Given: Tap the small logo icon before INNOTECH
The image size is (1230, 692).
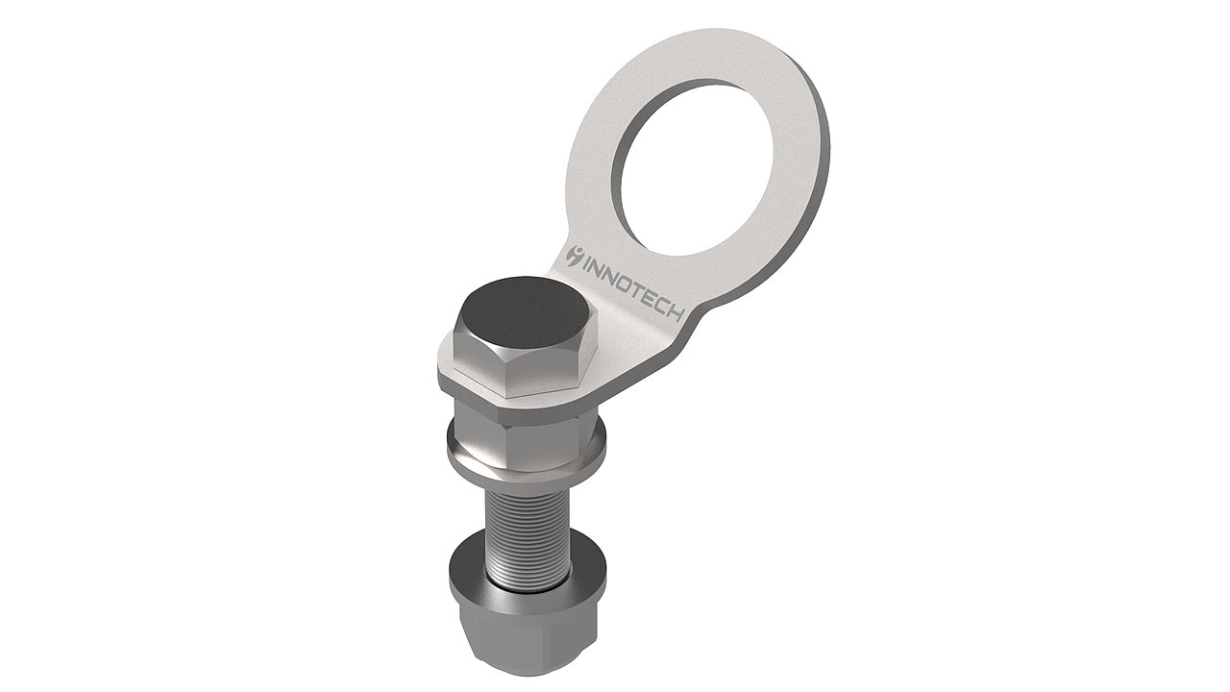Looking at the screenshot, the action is click(x=576, y=256).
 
